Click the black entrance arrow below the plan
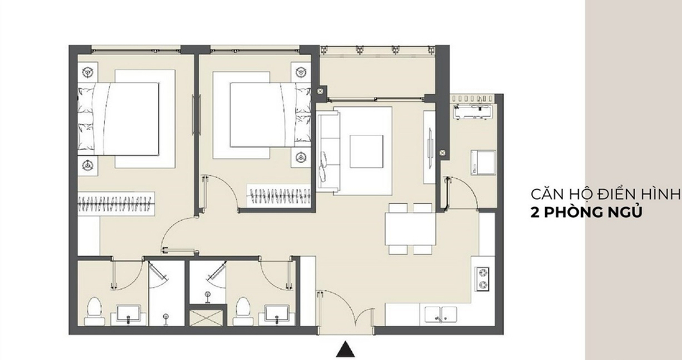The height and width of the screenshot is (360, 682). [345, 349]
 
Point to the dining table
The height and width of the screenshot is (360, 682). [410, 229]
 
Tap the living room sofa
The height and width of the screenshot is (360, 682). [328, 151]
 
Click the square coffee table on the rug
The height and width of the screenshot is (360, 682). [367, 151]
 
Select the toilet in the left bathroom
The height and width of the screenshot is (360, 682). [94, 311]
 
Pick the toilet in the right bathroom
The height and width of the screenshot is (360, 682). [243, 311]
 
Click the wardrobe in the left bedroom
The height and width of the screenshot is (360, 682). [116, 203]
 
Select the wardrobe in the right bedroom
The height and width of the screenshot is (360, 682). [279, 196]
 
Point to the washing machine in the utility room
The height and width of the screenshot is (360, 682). [483, 162]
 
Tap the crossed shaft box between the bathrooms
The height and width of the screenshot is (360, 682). [208, 317]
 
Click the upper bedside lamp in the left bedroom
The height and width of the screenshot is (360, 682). [88, 71]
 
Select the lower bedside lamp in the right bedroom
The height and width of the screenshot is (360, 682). [301, 157]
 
